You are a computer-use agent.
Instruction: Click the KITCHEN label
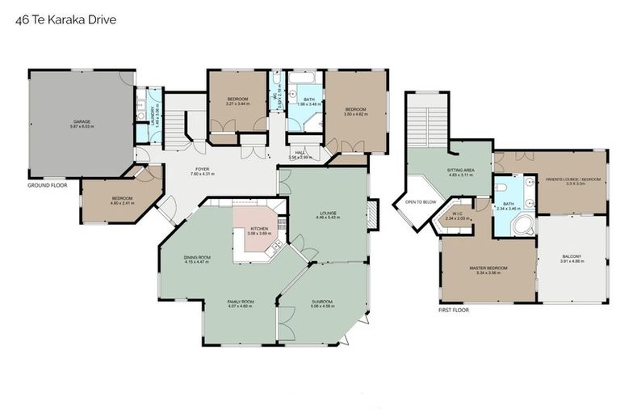pos(258,229)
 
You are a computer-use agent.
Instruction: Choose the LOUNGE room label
pos(327,213)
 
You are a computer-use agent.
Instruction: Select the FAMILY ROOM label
pos(240,302)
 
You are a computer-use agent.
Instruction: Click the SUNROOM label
pos(322,302)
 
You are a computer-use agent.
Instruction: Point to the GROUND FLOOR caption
pos(47,184)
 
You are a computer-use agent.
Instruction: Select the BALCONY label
pos(572,257)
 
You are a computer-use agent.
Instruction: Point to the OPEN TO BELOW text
pos(420,202)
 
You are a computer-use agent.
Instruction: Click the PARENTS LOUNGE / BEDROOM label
pos(573,179)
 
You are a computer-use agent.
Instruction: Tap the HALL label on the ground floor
pos(300,152)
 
